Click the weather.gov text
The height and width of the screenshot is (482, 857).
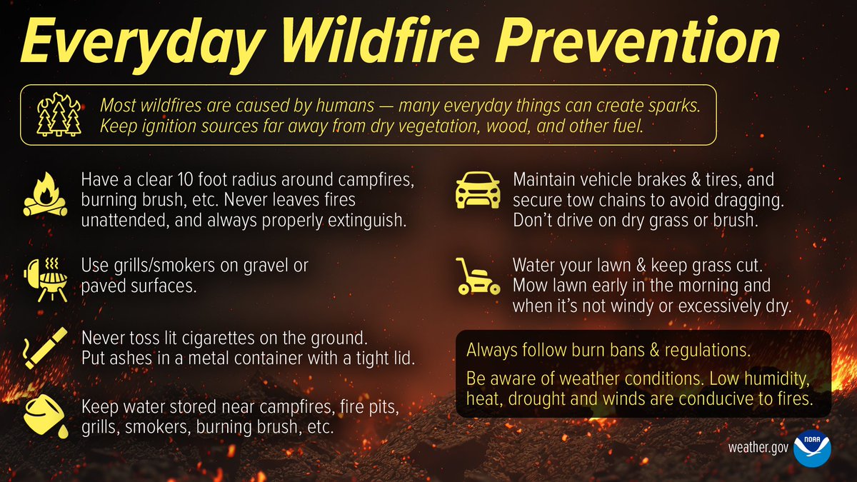(x=756, y=448)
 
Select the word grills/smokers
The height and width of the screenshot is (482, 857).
(x=159, y=266)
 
